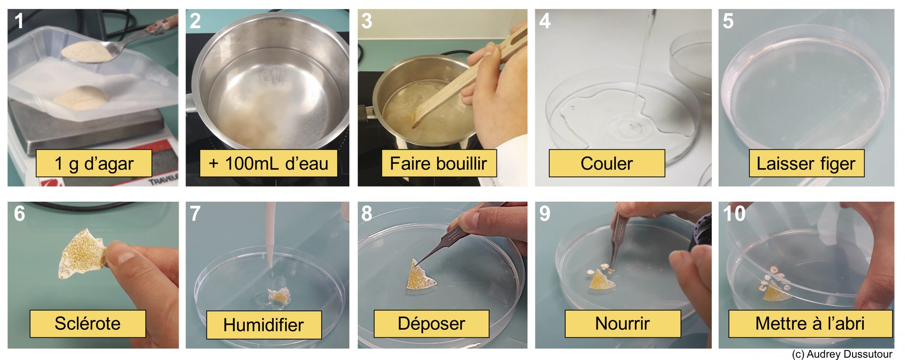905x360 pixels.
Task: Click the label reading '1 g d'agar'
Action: tap(94, 163)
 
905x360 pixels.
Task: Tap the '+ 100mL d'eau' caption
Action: tap(268, 163)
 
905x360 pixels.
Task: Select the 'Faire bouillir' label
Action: tap(438, 163)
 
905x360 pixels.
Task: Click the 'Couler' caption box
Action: tap(607, 163)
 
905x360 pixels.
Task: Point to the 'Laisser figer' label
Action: tap(806, 163)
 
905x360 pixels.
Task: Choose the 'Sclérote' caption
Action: tap(88, 324)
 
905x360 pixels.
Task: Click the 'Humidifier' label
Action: tap(264, 325)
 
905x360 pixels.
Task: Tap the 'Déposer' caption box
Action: tap(431, 324)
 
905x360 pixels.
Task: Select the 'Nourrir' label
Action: tap(623, 324)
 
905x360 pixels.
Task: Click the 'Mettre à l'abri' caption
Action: tap(810, 324)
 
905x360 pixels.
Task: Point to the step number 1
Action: tap(19, 21)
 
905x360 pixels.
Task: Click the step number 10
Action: tap(734, 213)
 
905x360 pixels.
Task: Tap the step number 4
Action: tap(545, 21)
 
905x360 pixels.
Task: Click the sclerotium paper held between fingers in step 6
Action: tap(83, 254)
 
